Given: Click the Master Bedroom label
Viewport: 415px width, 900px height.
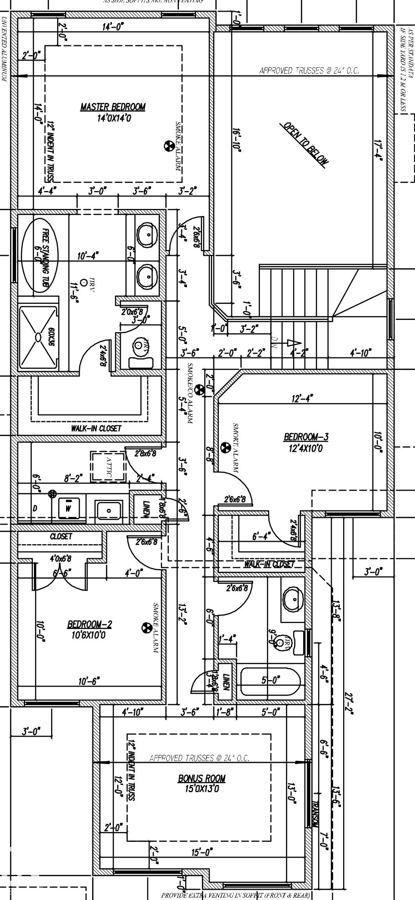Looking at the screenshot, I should (113, 107).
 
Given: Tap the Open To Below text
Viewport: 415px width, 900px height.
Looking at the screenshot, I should (306, 143).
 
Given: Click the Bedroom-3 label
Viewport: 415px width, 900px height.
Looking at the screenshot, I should (306, 437).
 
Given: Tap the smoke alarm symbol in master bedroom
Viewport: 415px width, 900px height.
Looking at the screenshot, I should (168, 146).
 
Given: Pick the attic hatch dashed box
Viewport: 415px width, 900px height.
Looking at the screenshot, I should (108, 467).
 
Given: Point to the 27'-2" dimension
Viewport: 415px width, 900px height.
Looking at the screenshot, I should (349, 702).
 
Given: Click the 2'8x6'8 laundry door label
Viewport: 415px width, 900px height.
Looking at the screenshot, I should (145, 454).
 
